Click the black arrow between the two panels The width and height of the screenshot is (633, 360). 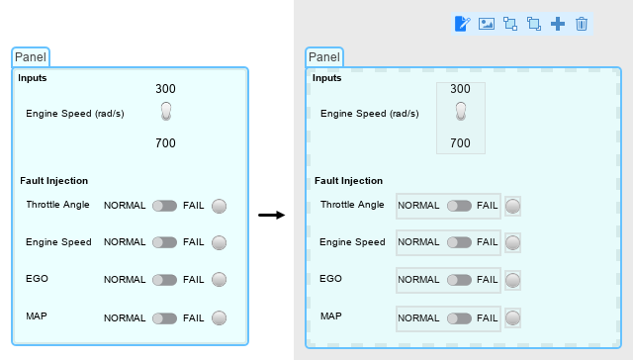271,214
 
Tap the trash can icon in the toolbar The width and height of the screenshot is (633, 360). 582,24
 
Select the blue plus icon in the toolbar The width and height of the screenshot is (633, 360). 558,24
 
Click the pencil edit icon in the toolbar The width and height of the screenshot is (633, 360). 462,24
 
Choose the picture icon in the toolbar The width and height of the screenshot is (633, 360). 487,24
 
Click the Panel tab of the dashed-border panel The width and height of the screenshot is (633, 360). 323,57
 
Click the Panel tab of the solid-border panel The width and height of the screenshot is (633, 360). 31,57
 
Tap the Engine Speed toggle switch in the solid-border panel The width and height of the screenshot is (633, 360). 166,112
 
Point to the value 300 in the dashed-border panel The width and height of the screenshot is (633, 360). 460,89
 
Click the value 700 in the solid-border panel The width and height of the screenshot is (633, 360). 165,143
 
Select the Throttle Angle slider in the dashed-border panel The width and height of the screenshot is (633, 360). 459,206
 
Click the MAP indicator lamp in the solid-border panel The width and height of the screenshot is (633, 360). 220,318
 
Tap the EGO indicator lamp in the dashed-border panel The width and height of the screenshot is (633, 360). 513,279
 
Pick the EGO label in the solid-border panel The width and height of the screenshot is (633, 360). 37,279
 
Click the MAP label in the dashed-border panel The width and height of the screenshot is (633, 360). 331,316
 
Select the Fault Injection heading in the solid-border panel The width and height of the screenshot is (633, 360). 54,180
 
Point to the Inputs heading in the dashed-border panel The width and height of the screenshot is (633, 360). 326,77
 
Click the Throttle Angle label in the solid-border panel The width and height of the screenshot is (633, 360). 57,205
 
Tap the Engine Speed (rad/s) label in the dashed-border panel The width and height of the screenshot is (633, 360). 369,113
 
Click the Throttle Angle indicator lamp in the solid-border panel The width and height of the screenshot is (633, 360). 220,206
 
